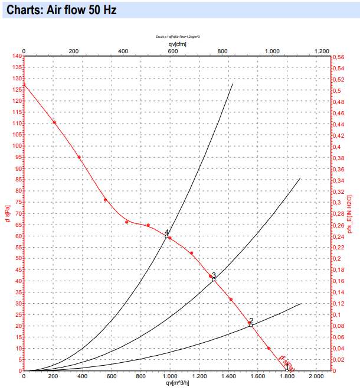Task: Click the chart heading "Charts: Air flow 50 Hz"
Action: (57, 11)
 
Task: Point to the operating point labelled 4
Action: (167, 236)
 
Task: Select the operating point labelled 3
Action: (214, 279)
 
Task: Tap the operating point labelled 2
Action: (251, 324)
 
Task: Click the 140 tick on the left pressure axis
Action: (17, 56)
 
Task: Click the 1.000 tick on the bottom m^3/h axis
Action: (170, 376)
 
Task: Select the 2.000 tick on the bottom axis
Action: (316, 376)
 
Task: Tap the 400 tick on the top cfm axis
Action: (123, 51)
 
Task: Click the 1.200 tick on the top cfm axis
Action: (322, 51)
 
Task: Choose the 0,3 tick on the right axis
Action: (338, 203)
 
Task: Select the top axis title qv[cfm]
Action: (177, 44)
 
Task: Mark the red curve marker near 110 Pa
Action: (54, 122)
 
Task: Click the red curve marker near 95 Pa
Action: (79, 157)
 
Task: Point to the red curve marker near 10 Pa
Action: (269, 348)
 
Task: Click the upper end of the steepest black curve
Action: (233, 84)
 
